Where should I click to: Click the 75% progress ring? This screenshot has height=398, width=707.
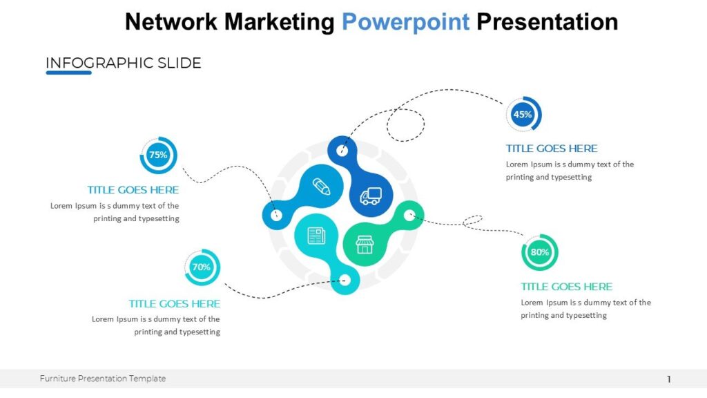[x=159, y=155]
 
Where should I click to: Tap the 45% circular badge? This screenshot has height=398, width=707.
[x=523, y=115]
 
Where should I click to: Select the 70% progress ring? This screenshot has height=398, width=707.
[x=202, y=267]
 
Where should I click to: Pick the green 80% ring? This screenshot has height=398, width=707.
[x=539, y=252]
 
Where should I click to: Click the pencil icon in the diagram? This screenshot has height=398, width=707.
[x=321, y=186]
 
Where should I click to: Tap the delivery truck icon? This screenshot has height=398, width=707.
[x=370, y=196]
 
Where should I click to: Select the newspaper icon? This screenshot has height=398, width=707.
[x=316, y=236]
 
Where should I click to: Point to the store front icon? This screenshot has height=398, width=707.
[x=364, y=244]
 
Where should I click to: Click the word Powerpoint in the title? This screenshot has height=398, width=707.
[x=405, y=22]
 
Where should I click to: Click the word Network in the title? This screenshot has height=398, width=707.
[x=171, y=22]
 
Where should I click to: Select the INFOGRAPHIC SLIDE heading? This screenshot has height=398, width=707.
[x=123, y=63]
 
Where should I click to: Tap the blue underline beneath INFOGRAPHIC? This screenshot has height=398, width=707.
[x=68, y=73]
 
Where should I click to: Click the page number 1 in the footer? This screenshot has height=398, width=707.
[x=669, y=379]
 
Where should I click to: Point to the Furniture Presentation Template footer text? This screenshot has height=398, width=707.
[x=103, y=379]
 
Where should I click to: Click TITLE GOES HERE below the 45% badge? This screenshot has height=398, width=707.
[x=552, y=149]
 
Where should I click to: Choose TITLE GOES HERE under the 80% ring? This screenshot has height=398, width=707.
[x=566, y=287]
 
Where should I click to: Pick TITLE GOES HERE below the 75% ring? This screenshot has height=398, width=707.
[x=133, y=190]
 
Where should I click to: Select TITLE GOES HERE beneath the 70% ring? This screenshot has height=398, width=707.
[x=175, y=304]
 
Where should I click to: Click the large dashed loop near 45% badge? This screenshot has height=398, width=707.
[x=405, y=125]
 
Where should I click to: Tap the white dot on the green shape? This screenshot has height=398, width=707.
[x=409, y=215]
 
